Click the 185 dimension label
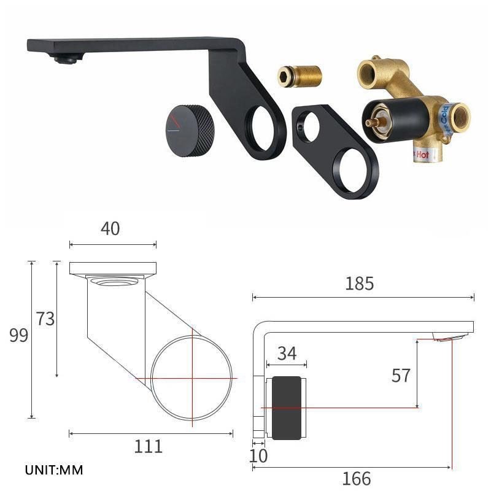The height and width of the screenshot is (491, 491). click(359, 284)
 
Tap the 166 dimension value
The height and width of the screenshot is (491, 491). click(357, 479)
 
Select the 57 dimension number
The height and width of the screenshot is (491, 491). click(401, 376)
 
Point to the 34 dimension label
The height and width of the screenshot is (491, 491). click(287, 354)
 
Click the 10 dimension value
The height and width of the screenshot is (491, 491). click(258, 455)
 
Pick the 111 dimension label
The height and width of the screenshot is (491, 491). click(148, 447)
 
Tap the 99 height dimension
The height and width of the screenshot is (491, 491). click(19, 335)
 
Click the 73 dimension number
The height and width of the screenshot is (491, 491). click(45, 319)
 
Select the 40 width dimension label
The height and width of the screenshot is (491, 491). click(110, 228)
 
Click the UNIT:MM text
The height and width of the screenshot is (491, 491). click(54, 470)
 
